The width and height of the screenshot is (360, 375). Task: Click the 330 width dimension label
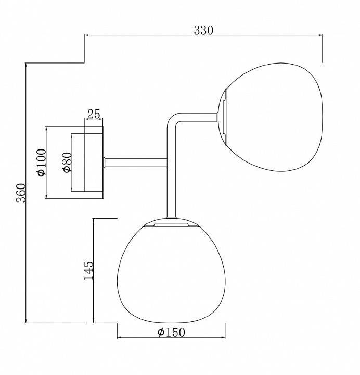pos(203,30)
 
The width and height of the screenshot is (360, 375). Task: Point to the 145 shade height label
pos(88,270)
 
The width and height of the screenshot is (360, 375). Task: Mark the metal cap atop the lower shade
pos(171,224)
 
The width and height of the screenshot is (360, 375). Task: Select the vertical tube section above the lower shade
pos(171,193)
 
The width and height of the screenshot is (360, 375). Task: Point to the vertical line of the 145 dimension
pos(93,302)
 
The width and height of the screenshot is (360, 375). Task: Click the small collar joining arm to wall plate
pos(106,162)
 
